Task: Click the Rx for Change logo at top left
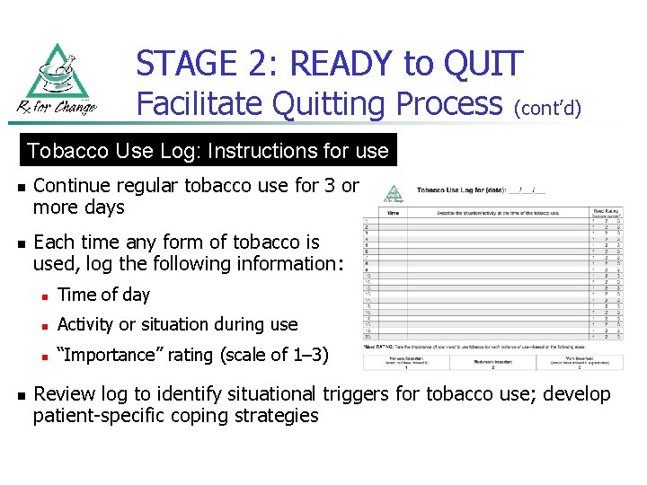click(56, 82)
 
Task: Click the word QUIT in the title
click(482, 64)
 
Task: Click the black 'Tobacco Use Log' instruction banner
click(208, 151)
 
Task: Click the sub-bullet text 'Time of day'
click(103, 295)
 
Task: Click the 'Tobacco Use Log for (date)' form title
click(480, 190)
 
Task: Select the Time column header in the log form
click(392, 212)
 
